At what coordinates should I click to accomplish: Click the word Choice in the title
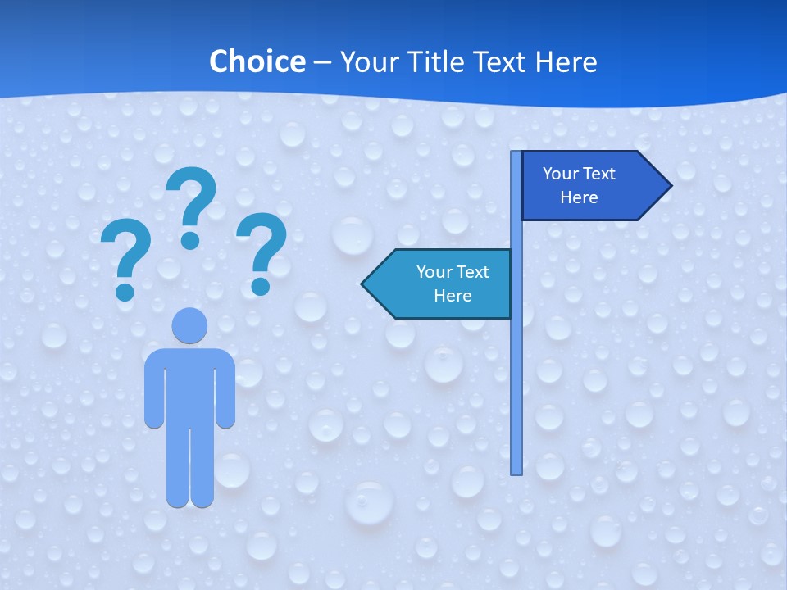point(257,62)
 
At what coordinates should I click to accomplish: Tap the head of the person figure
point(189,326)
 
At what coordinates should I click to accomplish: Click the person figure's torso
point(189,385)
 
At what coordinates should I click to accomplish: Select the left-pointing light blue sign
point(443,284)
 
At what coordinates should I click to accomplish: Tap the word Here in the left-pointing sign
point(453,296)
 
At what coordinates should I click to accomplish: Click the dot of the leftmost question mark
point(125,291)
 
